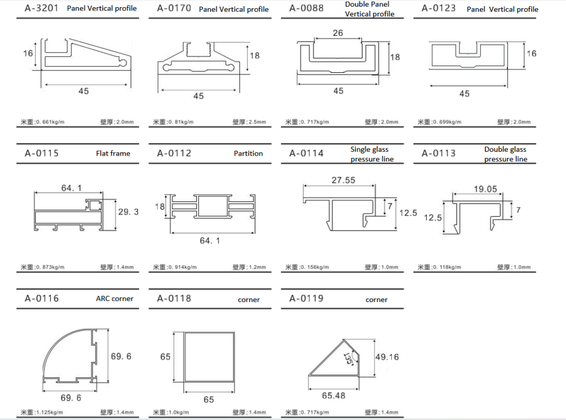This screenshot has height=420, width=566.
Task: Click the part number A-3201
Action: pyautogui.click(x=41, y=8)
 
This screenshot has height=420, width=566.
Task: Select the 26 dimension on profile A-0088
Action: pyautogui.click(x=338, y=33)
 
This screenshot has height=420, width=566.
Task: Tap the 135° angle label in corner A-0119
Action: pyautogui.click(x=349, y=358)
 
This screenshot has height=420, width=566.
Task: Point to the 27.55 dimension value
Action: pyautogui.click(x=343, y=180)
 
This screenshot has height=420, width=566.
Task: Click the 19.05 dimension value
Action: pyautogui.click(x=485, y=189)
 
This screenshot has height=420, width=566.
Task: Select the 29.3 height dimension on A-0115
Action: pyautogui.click(x=128, y=211)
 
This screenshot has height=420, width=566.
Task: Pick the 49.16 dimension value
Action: pyautogui.click(x=387, y=357)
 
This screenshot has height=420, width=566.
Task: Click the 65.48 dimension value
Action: pyautogui.click(x=333, y=396)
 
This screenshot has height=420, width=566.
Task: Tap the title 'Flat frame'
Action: pyautogui.click(x=113, y=153)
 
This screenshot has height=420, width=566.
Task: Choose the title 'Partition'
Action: pyautogui.click(x=248, y=153)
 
